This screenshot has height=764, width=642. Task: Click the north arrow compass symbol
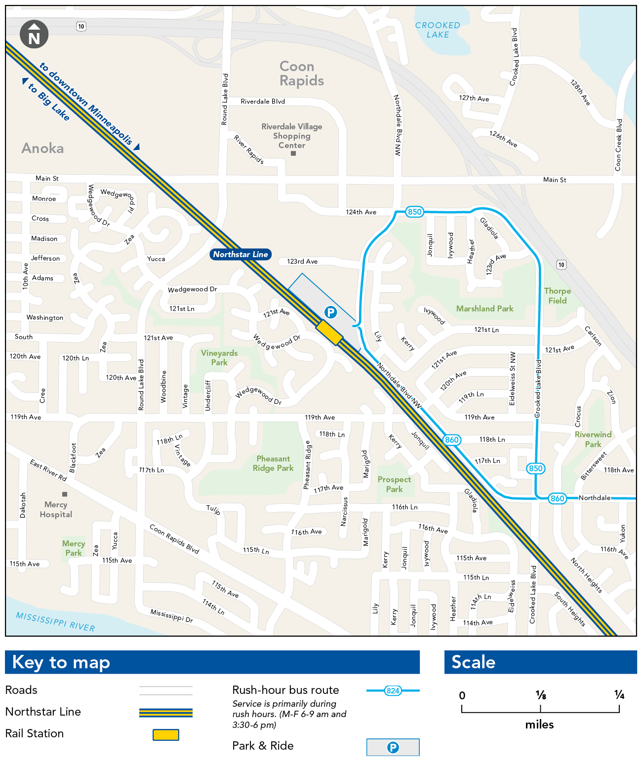pos(34,35)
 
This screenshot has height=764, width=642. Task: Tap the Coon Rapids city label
pos(301,74)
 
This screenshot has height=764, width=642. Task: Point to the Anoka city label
pos(42,148)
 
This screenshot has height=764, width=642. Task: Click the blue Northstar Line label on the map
pos(241,254)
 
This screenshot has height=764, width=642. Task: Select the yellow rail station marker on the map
pos(329,332)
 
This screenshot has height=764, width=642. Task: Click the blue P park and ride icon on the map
pos(330,312)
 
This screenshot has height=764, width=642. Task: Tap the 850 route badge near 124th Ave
pos(414,212)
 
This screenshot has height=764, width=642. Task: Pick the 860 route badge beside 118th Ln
pos(451,440)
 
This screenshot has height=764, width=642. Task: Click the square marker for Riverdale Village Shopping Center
pos(293,153)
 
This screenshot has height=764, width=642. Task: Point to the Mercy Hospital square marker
pos(65,494)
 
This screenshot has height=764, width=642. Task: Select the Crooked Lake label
pos(438,30)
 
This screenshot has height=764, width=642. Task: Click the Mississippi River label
pos(55,622)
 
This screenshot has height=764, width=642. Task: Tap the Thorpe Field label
pos(558,296)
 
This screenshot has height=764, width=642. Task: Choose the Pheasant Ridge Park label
pos(273,463)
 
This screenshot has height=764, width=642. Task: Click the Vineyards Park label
pos(219,357)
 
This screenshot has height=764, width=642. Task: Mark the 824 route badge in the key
pos(393,690)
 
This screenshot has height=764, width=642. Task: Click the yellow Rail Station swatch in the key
pos(166,734)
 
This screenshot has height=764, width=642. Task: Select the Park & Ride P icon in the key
pos(393,747)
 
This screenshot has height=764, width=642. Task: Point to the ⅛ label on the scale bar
pos(541,695)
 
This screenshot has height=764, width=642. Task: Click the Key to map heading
pos(61,662)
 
